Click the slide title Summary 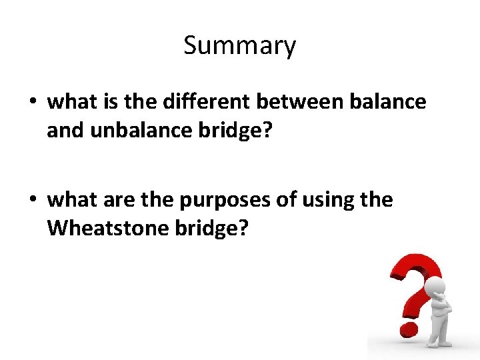pos(239,46)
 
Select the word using pos(331,200)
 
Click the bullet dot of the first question pos(32,102)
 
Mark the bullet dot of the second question pos(32,200)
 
